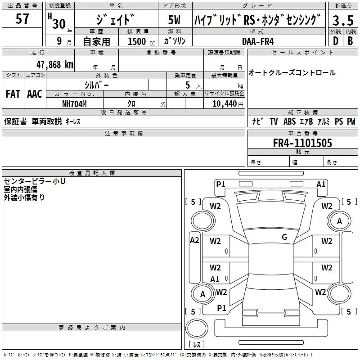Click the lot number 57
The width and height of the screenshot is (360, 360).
[x=22, y=19]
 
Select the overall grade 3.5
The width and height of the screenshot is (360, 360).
[x=343, y=21]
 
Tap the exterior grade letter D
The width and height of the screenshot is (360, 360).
[x=335, y=40]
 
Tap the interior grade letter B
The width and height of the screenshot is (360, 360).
[x=350, y=40]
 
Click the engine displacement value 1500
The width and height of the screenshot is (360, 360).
[x=137, y=41]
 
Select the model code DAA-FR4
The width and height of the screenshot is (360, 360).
[x=258, y=41]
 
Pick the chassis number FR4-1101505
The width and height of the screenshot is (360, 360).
[x=302, y=143]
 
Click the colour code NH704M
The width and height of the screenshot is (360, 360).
[x=74, y=104]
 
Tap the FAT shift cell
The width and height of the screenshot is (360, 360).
[x=13, y=94]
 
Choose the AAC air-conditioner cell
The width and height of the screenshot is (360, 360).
[x=35, y=94]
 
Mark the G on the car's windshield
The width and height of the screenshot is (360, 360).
[x=284, y=237]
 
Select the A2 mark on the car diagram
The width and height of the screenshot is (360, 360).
[x=194, y=240]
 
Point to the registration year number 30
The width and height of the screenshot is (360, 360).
[x=59, y=24]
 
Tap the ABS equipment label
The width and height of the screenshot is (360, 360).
[x=289, y=121]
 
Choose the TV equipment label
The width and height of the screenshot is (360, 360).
[x=274, y=121]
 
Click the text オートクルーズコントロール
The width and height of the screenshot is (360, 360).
[x=292, y=73]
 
